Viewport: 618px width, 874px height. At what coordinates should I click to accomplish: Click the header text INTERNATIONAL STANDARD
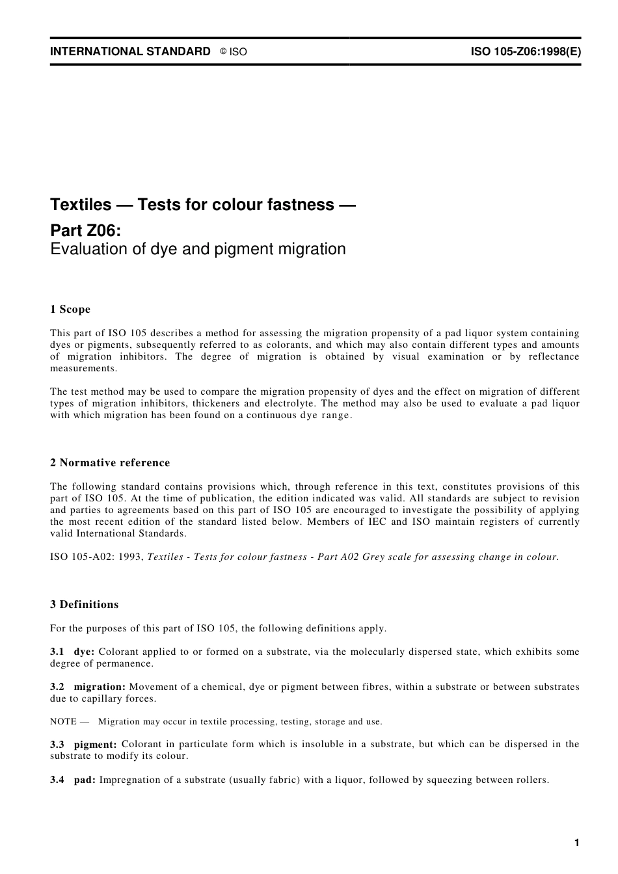(130, 51)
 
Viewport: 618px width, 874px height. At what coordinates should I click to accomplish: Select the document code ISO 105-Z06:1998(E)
(526, 51)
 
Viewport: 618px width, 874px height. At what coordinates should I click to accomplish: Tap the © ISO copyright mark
(234, 52)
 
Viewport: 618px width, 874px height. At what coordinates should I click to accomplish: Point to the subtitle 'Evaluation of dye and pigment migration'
(198, 249)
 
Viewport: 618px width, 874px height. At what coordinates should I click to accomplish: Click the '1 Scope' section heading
(70, 310)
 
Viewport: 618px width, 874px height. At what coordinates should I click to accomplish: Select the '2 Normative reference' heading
(110, 463)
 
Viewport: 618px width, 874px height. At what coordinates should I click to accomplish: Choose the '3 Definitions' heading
(85, 605)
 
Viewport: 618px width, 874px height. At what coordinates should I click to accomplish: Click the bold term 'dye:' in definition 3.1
(85, 652)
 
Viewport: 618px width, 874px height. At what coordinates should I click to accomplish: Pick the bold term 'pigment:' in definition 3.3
(95, 744)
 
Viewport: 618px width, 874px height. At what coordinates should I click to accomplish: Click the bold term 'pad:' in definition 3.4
(85, 780)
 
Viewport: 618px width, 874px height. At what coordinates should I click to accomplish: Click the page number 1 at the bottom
(576, 843)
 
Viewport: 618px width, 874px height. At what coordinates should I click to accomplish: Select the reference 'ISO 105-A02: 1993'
(96, 557)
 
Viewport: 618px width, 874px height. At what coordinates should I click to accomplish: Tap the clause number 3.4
(57, 780)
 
